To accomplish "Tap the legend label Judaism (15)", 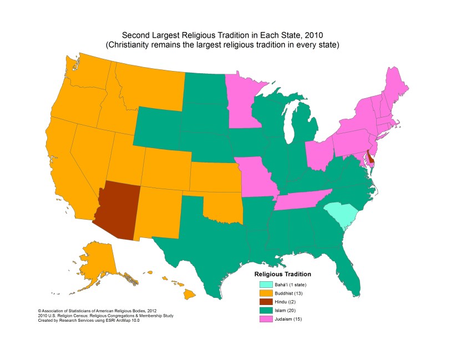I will click(291, 320).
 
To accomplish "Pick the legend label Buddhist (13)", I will click(291, 293).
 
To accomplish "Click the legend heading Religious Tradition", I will click(282, 275).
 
